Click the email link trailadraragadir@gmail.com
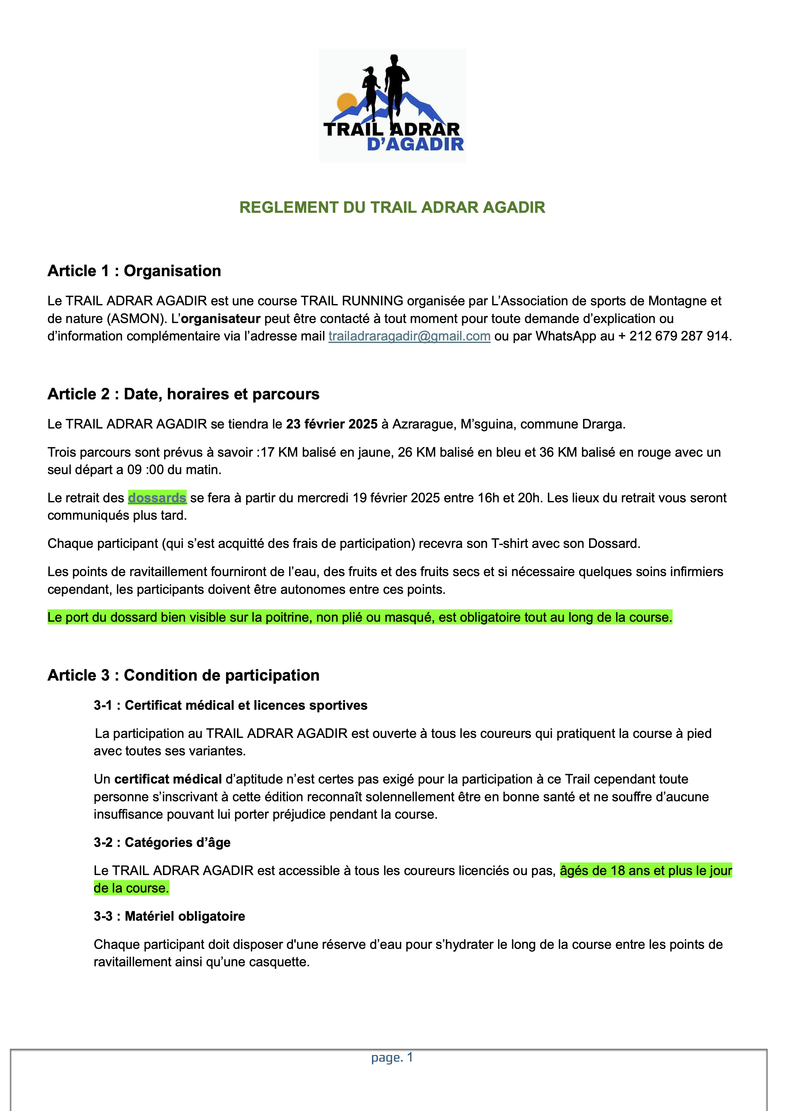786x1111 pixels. point(409,336)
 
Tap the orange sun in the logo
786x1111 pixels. point(347,102)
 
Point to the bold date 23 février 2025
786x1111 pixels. point(331,424)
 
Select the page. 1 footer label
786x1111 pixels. point(392,1057)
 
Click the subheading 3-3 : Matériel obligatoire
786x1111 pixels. point(169,916)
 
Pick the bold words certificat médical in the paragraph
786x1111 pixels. point(168,779)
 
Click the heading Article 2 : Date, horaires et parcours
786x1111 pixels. point(183,394)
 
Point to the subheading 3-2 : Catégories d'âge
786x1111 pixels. point(162,842)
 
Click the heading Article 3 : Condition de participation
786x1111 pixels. point(183,675)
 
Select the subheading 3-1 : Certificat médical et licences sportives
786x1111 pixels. point(230,705)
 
